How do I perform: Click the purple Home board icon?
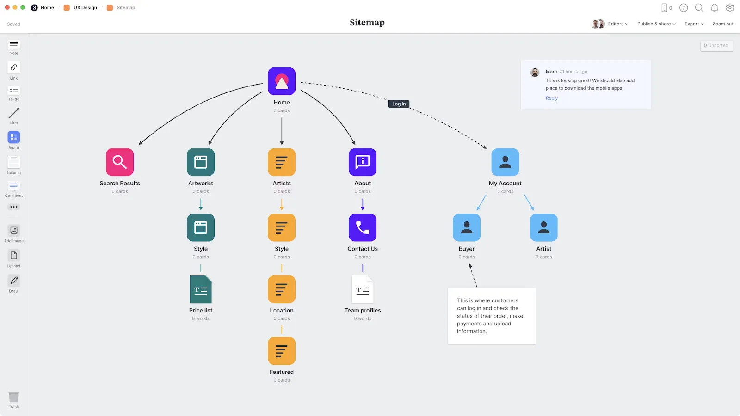tap(282, 81)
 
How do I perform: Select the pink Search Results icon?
tap(120, 162)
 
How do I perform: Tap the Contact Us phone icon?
tap(363, 227)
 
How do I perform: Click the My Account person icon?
tap(505, 162)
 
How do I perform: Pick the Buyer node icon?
tap(467, 227)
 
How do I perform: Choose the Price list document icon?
tap(201, 289)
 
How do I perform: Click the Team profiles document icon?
tap(363, 289)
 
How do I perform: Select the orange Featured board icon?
tap(282, 351)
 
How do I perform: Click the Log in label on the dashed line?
tap(399, 104)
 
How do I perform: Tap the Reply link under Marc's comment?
tap(551, 98)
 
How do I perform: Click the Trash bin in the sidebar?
tap(14, 397)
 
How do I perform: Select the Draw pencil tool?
tap(14, 281)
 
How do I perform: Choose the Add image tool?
tap(14, 231)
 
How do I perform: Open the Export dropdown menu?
tap(694, 24)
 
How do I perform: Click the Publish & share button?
tap(656, 24)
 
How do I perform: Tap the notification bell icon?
tap(714, 8)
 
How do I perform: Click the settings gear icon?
tap(730, 8)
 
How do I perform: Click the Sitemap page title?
tap(367, 23)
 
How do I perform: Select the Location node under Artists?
tap(282, 289)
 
